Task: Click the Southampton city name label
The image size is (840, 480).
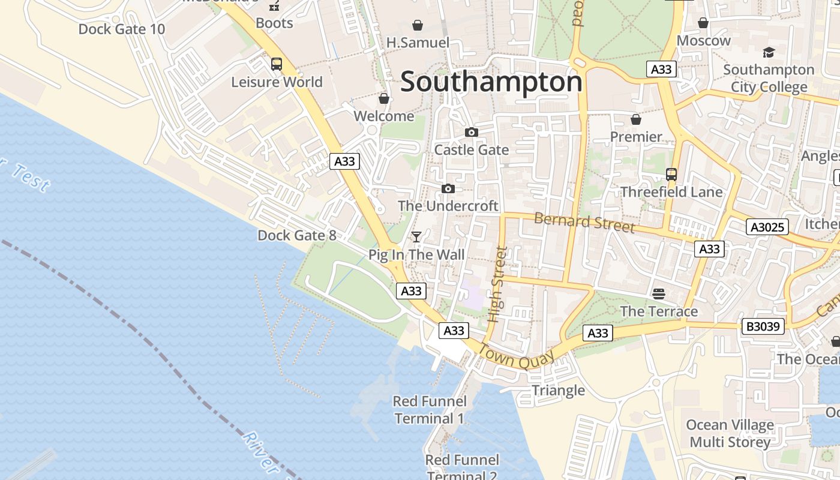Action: tap(491, 82)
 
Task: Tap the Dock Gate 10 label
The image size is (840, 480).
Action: tap(121, 29)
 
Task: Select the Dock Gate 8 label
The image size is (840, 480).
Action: tap(297, 235)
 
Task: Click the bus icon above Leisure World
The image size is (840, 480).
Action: tap(277, 64)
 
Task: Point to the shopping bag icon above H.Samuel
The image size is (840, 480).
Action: tap(417, 25)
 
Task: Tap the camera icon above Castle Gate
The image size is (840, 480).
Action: tap(472, 132)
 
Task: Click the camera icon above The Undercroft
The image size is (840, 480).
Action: tap(448, 189)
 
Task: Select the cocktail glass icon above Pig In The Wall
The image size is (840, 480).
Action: tap(416, 237)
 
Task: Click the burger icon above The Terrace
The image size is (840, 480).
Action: tap(659, 293)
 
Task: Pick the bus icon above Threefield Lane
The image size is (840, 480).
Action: tap(671, 175)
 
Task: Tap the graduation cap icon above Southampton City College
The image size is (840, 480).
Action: tap(769, 52)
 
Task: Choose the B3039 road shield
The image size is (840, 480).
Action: tap(763, 327)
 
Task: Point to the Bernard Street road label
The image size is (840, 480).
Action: tap(584, 221)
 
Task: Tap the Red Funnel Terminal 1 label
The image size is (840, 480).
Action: tap(429, 410)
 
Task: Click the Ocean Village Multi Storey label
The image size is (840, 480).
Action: tap(730, 434)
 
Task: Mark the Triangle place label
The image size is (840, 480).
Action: tap(558, 391)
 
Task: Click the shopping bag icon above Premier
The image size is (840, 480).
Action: tap(635, 119)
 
